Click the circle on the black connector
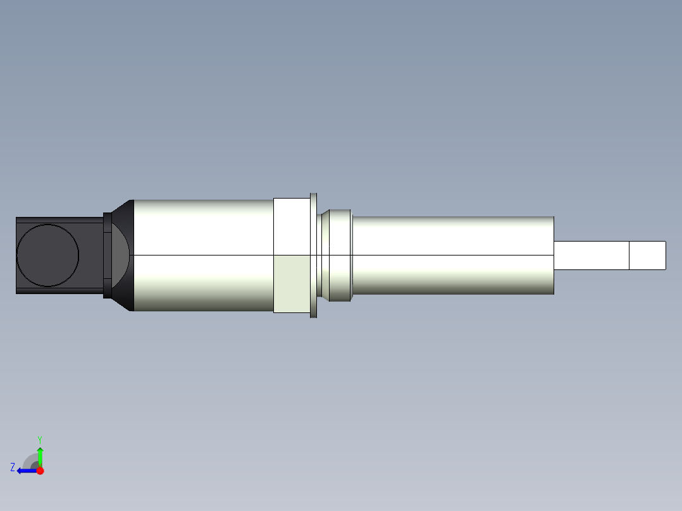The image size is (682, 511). [47, 255]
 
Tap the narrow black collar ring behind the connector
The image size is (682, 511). [107, 255]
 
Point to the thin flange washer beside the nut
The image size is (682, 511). [313, 255]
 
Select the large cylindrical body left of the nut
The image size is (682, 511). [202, 255]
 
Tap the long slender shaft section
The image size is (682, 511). [452, 255]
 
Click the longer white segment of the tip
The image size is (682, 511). [591, 255]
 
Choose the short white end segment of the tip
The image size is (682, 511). [647, 255]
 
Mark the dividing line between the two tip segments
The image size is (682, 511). [629, 255]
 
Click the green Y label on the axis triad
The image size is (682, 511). [40, 439]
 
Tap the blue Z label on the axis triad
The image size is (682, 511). [13, 467]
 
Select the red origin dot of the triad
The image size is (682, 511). [40, 471]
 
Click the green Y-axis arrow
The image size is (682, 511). [40, 455]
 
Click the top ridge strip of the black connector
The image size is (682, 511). [59, 220]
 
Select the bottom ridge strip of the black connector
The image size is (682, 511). [59, 291]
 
